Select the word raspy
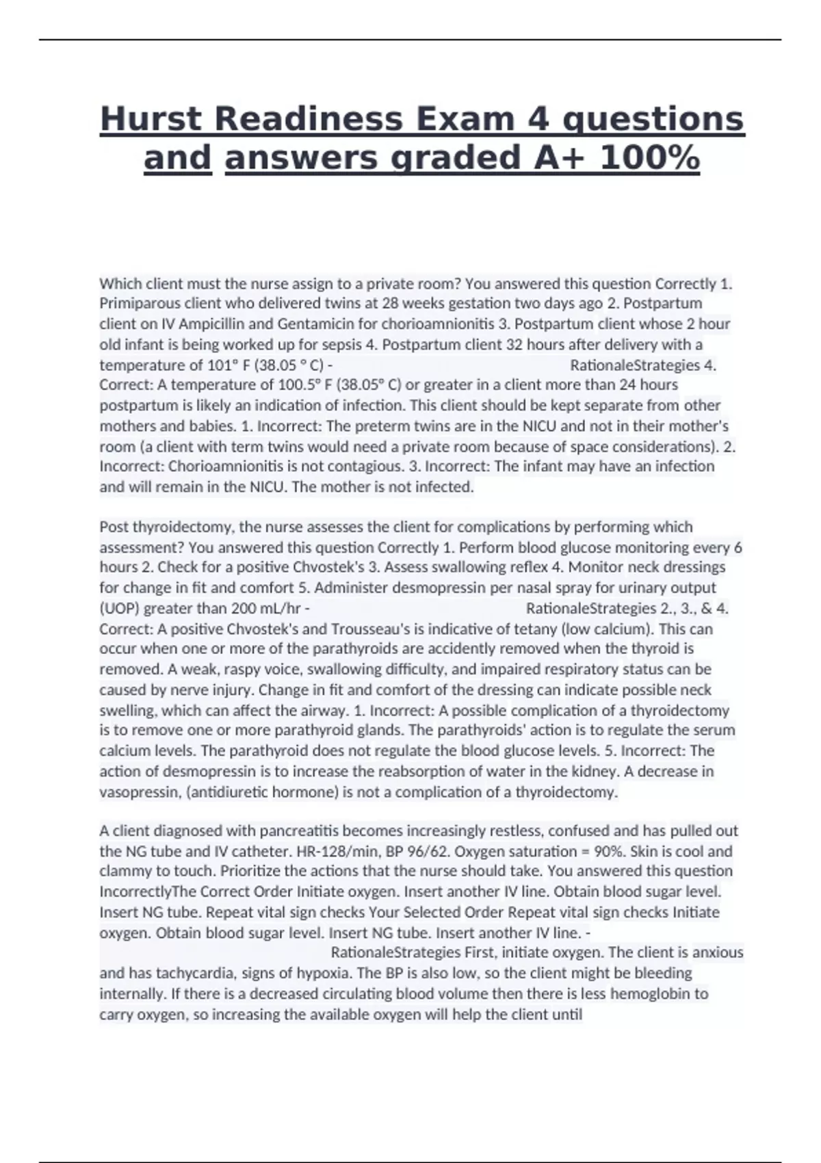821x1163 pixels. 204,669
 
